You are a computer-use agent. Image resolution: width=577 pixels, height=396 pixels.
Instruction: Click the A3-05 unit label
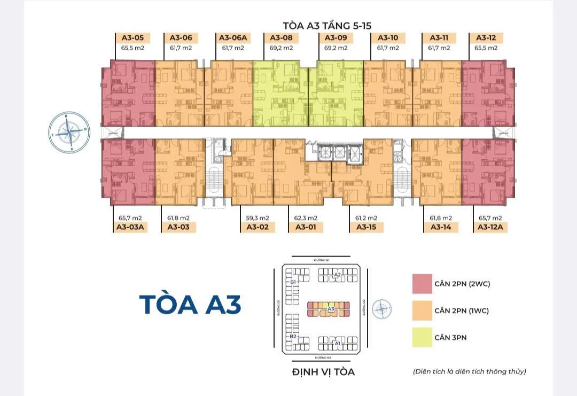[133, 38]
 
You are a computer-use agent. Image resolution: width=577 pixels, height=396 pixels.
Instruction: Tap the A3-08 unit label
[281, 38]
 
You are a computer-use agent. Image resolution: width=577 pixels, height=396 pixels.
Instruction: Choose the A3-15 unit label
[367, 227]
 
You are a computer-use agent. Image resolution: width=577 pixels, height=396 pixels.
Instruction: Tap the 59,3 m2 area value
[257, 218]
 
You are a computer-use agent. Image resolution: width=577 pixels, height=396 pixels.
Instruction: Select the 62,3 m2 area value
[306, 218]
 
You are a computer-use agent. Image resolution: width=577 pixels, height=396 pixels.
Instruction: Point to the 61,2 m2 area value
[367, 218]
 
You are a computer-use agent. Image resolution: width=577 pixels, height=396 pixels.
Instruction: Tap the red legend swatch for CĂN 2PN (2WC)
[422, 284]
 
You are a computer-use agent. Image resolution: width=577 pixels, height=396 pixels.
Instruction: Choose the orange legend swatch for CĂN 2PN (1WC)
[422, 310]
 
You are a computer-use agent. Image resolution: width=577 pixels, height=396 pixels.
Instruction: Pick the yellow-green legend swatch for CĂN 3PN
[422, 337]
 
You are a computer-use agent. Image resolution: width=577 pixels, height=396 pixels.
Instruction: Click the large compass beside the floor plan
[68, 131]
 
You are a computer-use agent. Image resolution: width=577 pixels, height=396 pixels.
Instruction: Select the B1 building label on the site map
[293, 282]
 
